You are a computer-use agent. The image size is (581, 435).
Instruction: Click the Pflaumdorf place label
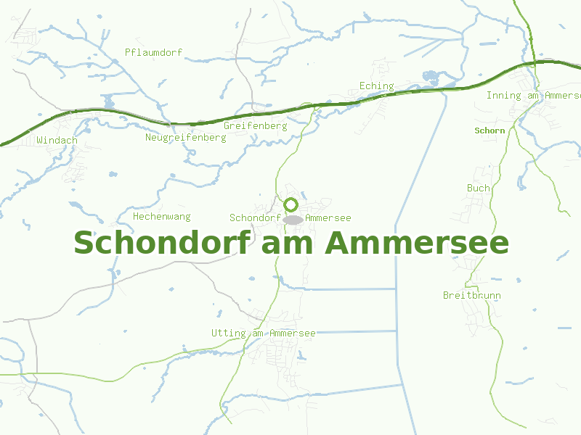(x=153, y=52)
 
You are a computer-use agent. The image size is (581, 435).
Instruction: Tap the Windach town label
(x=57, y=140)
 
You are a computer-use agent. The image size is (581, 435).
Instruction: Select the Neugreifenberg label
(x=185, y=137)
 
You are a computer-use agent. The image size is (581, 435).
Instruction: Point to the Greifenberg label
(x=255, y=125)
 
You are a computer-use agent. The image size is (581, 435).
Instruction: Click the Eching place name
(x=376, y=86)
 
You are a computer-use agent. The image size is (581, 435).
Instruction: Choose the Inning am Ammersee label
(x=533, y=96)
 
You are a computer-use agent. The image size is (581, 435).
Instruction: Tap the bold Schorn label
(x=489, y=130)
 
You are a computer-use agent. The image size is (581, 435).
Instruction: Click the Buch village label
(x=478, y=188)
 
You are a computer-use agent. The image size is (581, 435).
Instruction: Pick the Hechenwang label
(x=161, y=216)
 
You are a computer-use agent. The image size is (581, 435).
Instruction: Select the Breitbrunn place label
(x=471, y=295)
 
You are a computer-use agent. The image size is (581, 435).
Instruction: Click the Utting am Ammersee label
(x=263, y=333)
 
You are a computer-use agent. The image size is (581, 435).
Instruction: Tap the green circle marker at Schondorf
(x=291, y=204)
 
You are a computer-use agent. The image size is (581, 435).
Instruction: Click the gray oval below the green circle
(x=293, y=219)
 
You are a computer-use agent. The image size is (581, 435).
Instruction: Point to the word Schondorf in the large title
(x=160, y=242)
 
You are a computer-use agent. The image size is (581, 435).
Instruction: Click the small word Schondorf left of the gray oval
(x=255, y=217)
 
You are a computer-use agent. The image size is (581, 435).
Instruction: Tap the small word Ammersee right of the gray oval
(x=328, y=217)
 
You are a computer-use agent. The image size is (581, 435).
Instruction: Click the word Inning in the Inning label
(x=503, y=96)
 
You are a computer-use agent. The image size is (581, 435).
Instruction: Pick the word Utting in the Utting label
(x=228, y=333)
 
